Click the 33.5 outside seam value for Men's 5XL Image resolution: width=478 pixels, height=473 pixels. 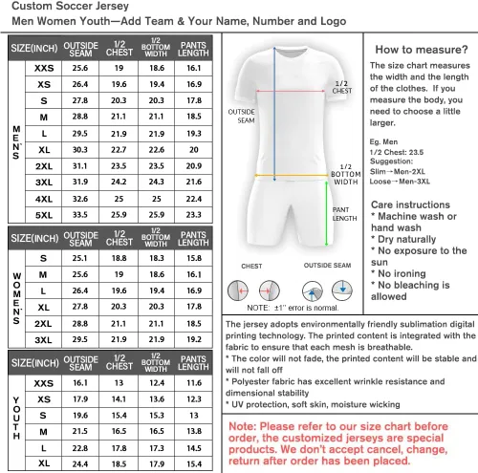[x=80, y=215]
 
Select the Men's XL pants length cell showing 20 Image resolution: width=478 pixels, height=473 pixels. [x=194, y=150]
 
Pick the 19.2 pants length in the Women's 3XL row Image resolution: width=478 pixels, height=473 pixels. [x=194, y=339]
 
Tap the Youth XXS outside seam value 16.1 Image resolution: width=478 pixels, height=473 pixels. [x=80, y=383]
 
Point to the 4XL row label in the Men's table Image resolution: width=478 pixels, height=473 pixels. [x=44, y=199]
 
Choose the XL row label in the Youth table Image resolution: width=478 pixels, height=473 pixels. [x=44, y=463]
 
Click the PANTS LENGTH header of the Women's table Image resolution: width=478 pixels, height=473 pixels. [x=193, y=239]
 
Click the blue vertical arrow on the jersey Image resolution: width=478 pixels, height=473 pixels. [x=274, y=114]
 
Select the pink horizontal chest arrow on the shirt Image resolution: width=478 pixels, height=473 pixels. [x=291, y=92]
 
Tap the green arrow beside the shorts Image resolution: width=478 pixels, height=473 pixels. [x=326, y=214]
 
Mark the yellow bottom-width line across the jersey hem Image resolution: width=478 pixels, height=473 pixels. [x=291, y=175]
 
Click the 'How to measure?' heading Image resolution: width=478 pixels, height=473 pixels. [x=422, y=50]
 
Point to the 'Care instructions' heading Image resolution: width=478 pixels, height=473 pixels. [x=410, y=204]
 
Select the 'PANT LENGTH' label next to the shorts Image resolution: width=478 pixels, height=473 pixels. [x=344, y=214]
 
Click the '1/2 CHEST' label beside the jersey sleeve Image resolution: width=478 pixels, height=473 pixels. [x=342, y=87]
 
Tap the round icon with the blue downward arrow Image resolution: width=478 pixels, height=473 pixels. [x=342, y=290]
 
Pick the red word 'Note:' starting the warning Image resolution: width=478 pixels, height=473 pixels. [x=243, y=426]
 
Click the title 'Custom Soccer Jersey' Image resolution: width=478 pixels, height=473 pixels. [x=70, y=6]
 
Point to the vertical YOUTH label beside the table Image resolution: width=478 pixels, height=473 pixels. [x=16, y=418]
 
